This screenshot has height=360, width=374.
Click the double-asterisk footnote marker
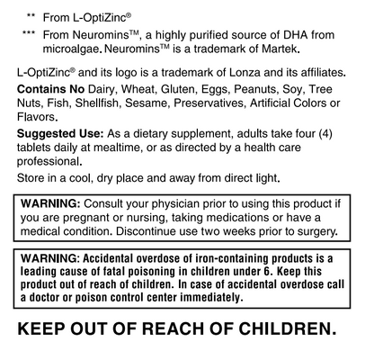pos(31,15)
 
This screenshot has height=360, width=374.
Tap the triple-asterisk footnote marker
pos(30,32)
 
